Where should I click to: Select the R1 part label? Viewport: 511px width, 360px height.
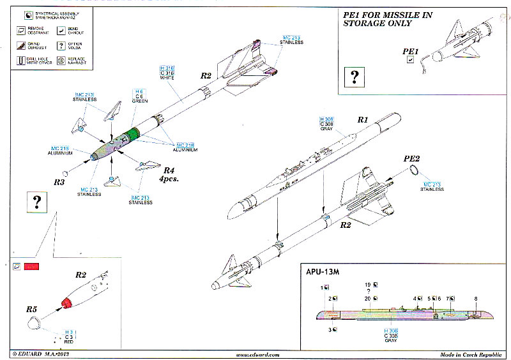click(363, 119)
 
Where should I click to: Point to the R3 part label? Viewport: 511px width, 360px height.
click(59, 183)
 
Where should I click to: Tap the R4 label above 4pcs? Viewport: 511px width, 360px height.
click(169, 170)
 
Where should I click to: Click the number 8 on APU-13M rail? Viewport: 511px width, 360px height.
click(475, 299)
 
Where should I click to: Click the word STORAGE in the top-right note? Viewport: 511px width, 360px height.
click(369, 24)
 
